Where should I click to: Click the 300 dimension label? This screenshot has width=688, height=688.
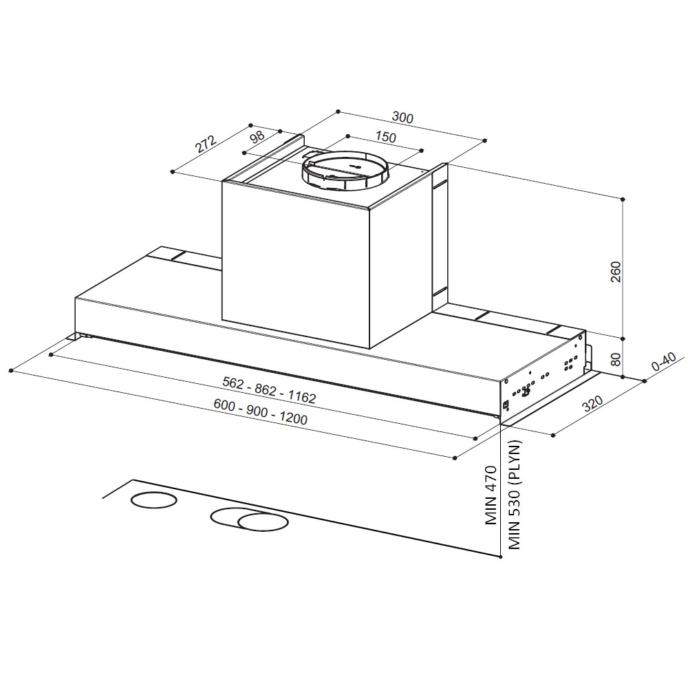tap(402, 118)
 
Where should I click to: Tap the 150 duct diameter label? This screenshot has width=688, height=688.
tap(385, 136)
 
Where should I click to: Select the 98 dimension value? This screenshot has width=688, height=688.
tap(257, 136)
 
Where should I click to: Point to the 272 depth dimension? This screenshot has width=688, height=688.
tap(206, 144)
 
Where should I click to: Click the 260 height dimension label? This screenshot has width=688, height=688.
tap(616, 272)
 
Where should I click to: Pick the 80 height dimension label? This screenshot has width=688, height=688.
tap(616, 359)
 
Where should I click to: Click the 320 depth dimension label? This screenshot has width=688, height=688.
tap(593, 404)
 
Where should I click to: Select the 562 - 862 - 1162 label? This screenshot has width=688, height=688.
tap(269, 389)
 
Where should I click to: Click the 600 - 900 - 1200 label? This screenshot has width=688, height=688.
tap(260, 411)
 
